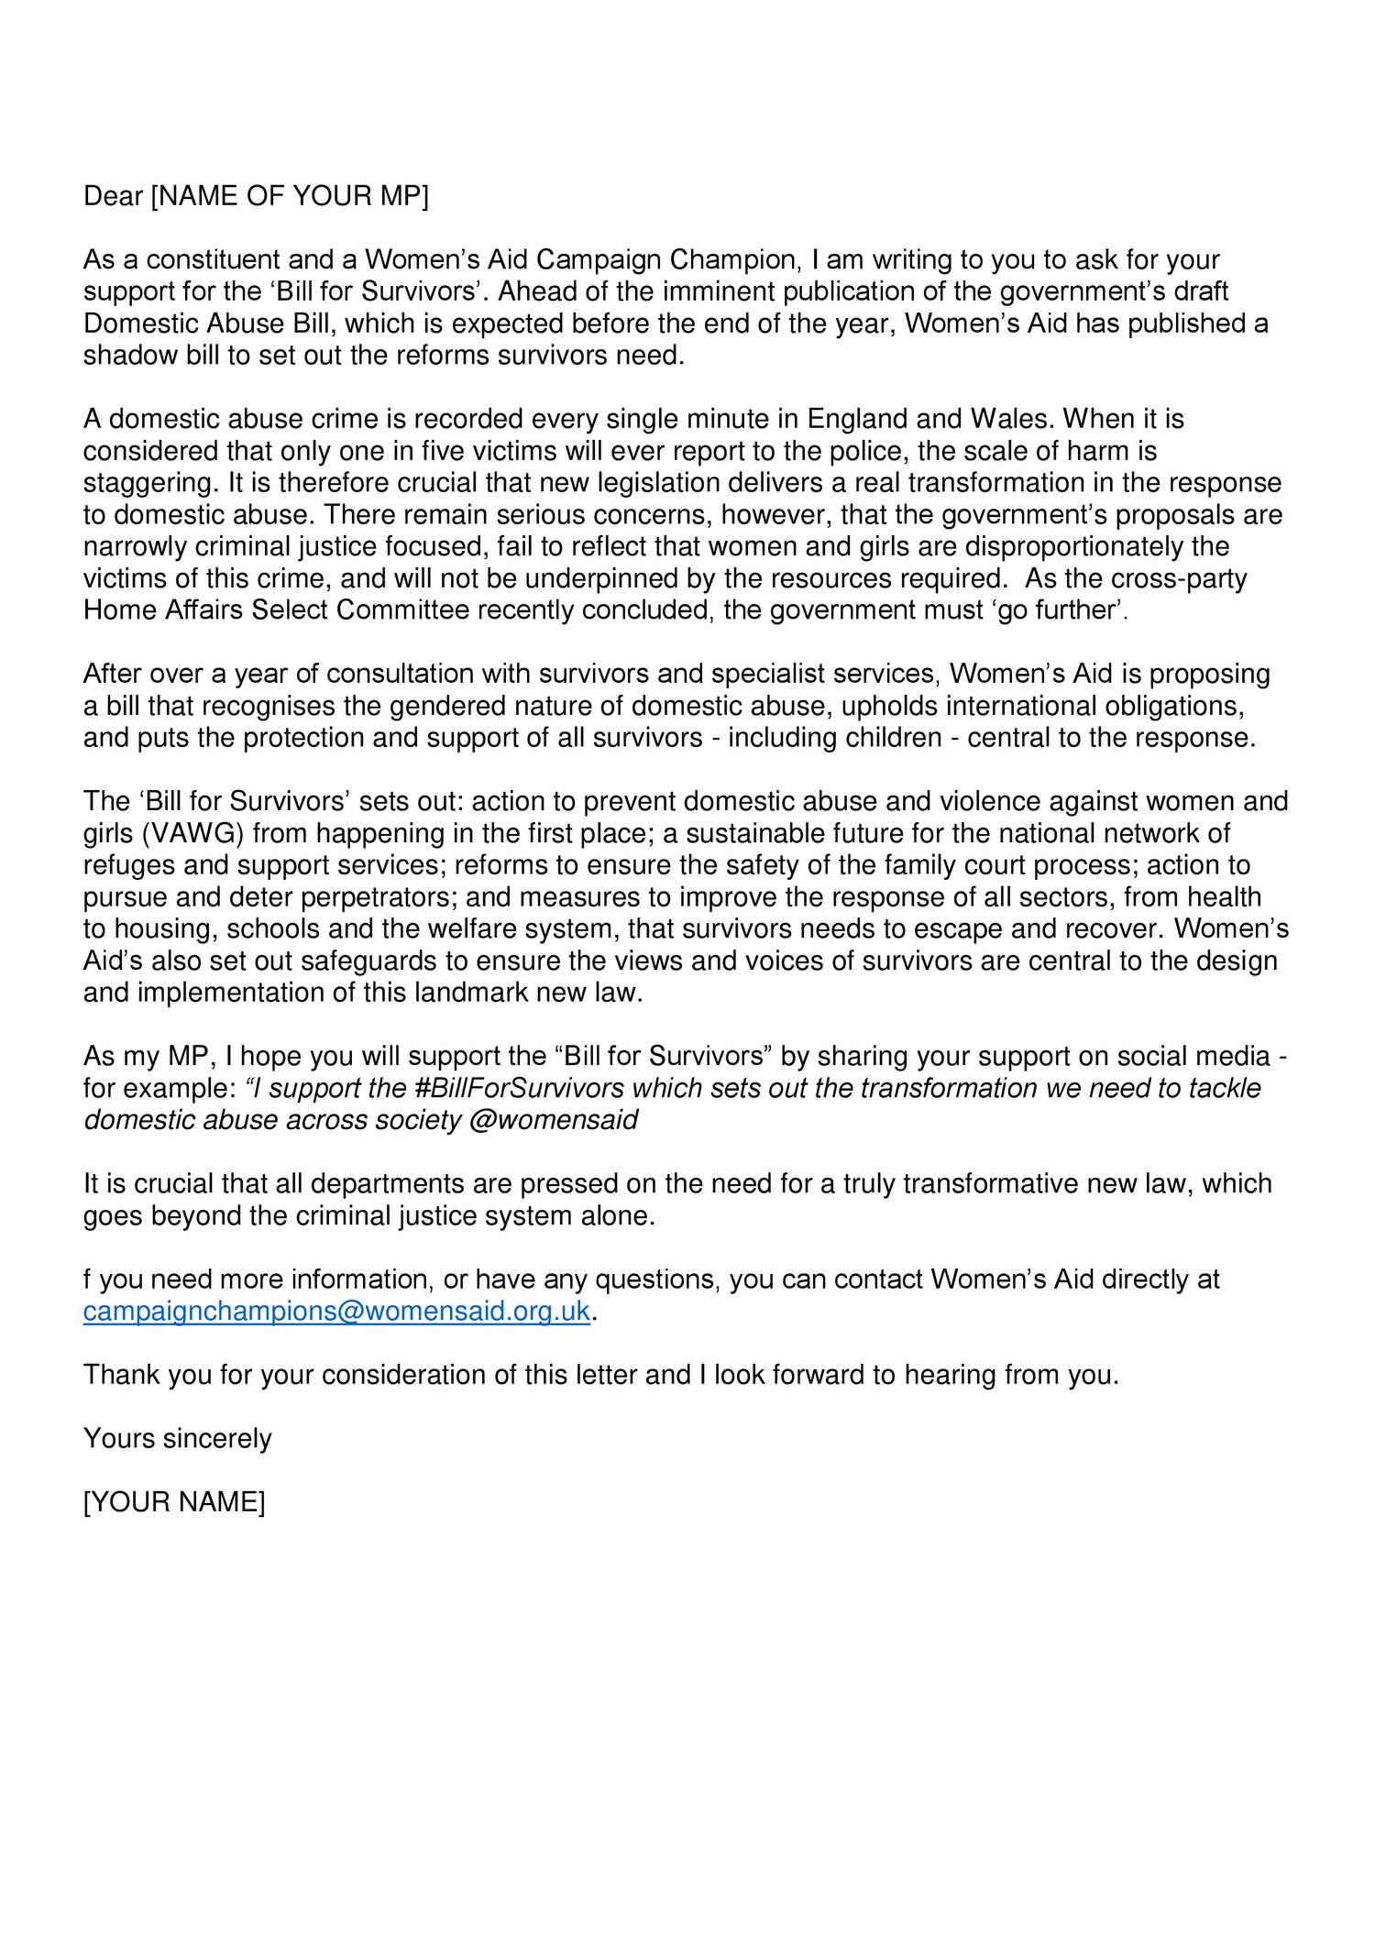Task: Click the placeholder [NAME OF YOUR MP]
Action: pyautogui.click(x=289, y=196)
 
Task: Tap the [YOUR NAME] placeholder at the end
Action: pyautogui.click(x=174, y=1502)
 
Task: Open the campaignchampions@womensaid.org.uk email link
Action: pyautogui.click(x=336, y=1312)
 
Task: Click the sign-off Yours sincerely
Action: pyautogui.click(x=178, y=1438)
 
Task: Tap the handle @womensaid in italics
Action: pyautogui.click(x=553, y=1121)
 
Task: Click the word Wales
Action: pyautogui.click(x=1011, y=420)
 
